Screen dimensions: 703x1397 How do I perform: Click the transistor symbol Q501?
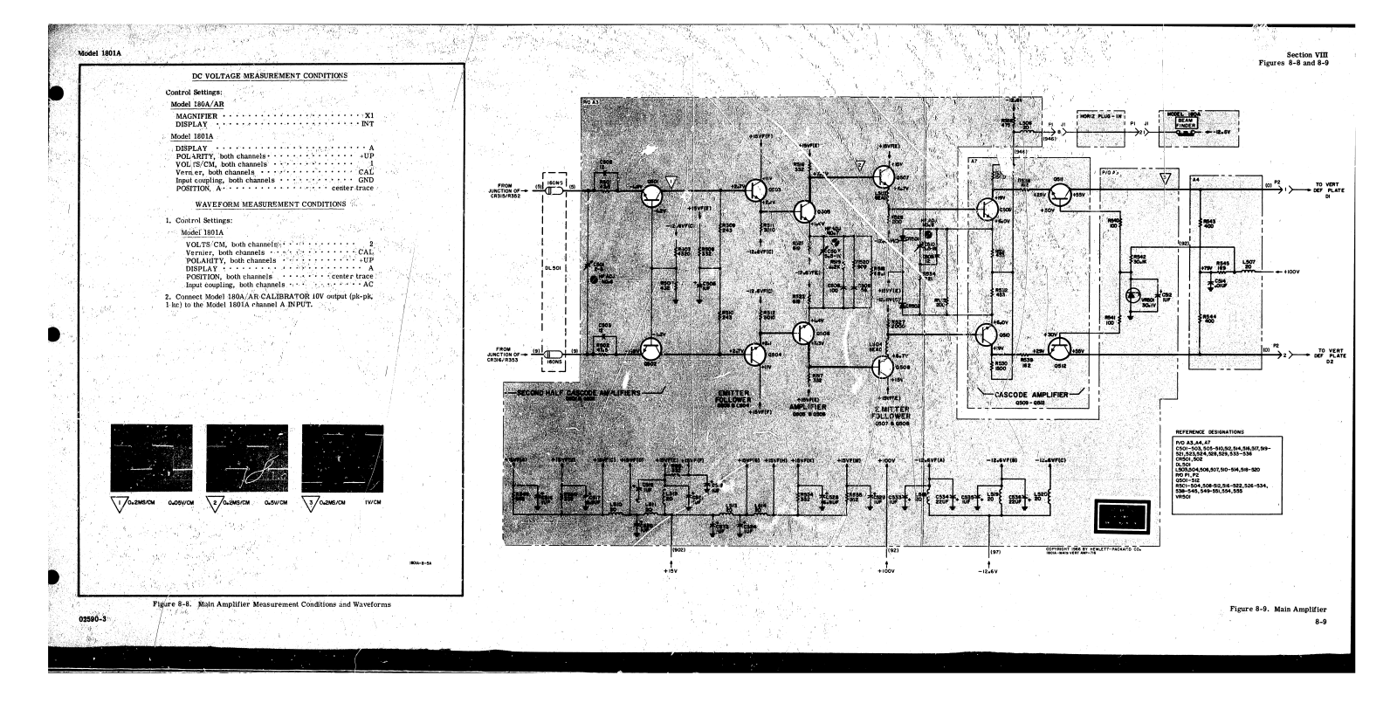click(651, 196)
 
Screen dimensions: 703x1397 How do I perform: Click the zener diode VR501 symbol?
click(1136, 297)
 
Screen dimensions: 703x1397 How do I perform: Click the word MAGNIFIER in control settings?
click(196, 116)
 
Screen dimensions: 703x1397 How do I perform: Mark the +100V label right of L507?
click(1293, 272)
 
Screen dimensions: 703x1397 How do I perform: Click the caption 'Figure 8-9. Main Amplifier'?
click(1277, 608)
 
